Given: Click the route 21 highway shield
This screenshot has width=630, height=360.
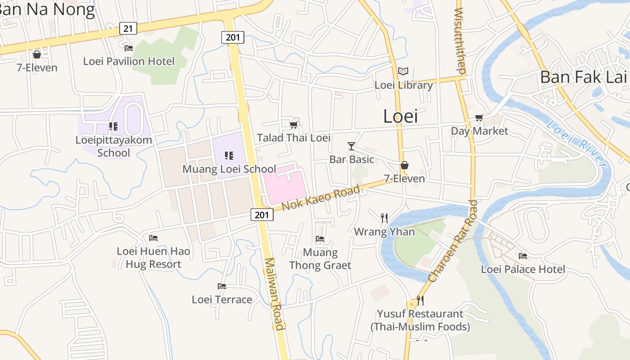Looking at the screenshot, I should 128,29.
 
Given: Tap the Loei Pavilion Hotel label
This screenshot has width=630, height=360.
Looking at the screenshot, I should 129,61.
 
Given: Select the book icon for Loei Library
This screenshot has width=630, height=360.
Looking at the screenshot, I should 403,72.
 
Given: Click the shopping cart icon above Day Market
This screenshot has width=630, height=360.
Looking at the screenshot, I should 479,118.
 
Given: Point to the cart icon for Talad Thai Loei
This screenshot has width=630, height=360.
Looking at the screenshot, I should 293,125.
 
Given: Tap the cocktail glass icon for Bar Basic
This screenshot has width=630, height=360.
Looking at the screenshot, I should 351,146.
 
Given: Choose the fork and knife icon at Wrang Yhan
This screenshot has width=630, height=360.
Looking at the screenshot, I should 384,218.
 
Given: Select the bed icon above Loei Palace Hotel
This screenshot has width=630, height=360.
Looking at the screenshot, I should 522,256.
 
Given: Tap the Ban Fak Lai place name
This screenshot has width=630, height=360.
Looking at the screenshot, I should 583,77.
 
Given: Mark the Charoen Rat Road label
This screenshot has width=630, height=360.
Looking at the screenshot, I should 453,241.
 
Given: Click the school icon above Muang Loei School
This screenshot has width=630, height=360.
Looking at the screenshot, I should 229,156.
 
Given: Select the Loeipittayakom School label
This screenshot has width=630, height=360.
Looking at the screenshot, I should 114,146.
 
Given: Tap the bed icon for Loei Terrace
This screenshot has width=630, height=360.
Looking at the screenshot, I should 221,286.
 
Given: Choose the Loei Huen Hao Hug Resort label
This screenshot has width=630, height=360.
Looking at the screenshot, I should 153,257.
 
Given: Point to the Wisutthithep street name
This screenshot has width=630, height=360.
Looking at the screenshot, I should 460,40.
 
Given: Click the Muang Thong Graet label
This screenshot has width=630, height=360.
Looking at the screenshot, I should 320,259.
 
